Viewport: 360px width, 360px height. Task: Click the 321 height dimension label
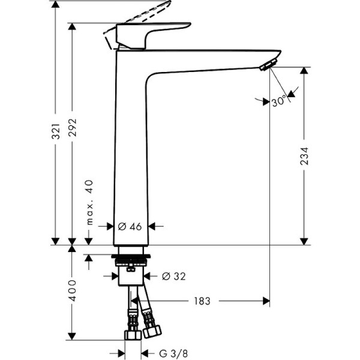55,130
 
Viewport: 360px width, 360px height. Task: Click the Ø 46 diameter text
130,226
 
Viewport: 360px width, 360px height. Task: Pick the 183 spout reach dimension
202,301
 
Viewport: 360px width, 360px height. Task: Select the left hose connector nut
131,334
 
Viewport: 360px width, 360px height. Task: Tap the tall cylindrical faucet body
130,150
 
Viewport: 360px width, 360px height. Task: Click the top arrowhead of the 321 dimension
55,5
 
